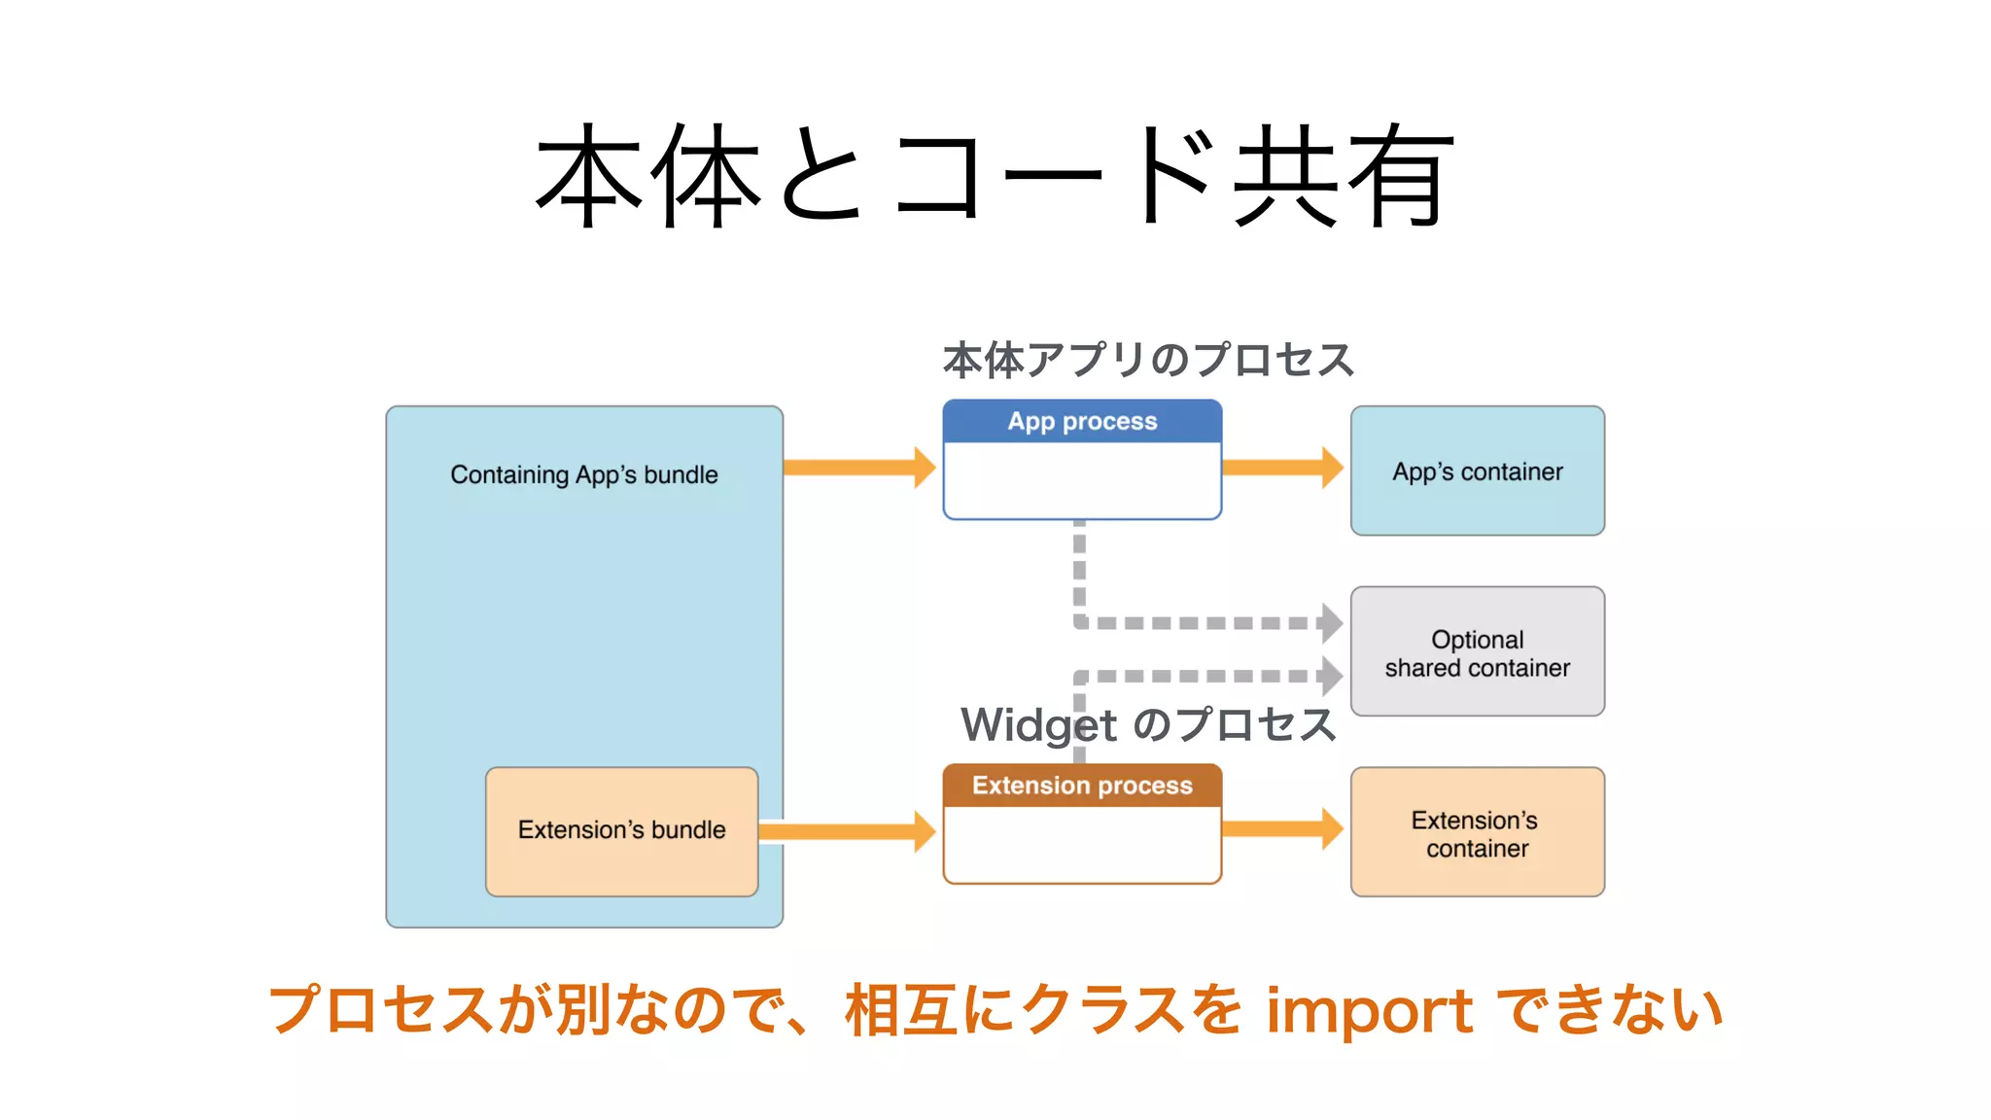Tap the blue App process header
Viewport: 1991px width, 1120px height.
(x=1082, y=421)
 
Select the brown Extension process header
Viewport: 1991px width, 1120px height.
(x=1082, y=786)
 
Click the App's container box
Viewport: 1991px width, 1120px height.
(x=1477, y=472)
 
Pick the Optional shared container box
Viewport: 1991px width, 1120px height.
(x=1477, y=652)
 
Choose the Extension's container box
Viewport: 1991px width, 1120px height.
(x=1477, y=833)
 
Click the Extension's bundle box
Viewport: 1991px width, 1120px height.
(x=621, y=830)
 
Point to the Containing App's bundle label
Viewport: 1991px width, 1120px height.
(x=583, y=474)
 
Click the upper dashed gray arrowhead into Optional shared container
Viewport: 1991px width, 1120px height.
(x=1331, y=623)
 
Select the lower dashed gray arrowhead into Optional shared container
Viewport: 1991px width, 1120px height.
(x=1331, y=676)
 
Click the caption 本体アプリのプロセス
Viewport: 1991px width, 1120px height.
(x=1148, y=360)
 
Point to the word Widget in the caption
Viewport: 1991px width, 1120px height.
(x=1038, y=725)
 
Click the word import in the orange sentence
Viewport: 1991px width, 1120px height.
(x=1369, y=1011)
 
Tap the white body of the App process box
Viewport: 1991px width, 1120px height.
(x=1082, y=480)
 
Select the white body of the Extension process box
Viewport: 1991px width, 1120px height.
(x=1082, y=844)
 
